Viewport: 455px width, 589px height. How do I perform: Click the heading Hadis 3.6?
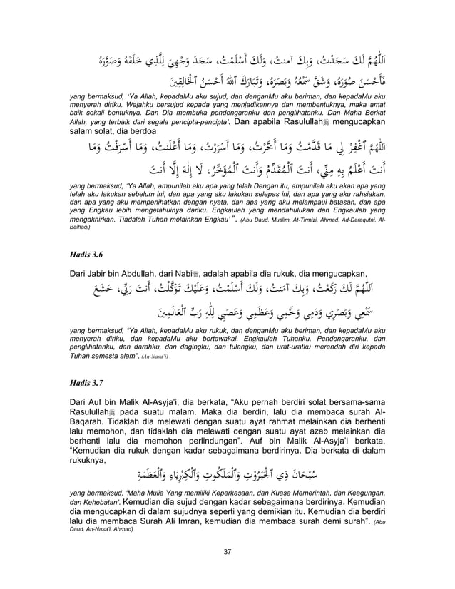[85, 252]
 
